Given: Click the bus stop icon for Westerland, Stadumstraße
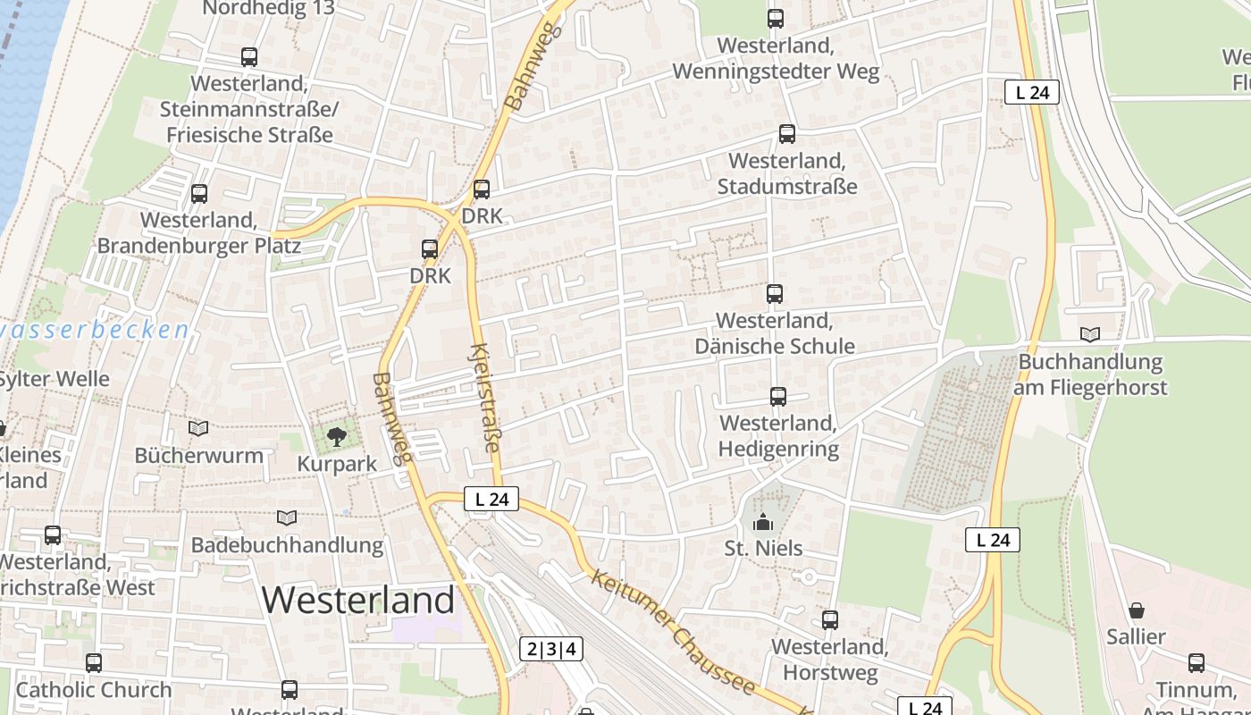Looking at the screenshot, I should click(786, 134).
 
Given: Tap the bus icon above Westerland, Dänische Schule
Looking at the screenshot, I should click(774, 293).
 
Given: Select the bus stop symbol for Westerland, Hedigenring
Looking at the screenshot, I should click(777, 396).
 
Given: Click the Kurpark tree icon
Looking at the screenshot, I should click(336, 437).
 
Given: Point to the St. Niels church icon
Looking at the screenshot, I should click(763, 521).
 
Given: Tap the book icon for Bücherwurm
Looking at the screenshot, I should click(198, 429).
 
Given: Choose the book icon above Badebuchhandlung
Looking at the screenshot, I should click(286, 517).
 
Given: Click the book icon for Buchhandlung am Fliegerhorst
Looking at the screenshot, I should click(1089, 335).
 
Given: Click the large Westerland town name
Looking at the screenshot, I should click(358, 599).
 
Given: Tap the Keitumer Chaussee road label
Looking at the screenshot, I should click(674, 633).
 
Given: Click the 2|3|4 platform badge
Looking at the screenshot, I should click(551, 649).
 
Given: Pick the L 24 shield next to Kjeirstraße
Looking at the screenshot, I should click(491, 500).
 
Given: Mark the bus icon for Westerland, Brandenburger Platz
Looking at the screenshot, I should click(198, 193).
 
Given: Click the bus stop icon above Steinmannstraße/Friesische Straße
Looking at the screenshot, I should click(248, 57).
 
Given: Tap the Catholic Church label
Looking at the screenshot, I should click(93, 690).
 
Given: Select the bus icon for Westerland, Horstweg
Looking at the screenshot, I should click(829, 619).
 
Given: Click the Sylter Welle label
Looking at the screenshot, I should click(54, 379).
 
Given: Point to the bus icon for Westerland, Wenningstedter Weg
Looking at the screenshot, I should click(775, 18).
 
